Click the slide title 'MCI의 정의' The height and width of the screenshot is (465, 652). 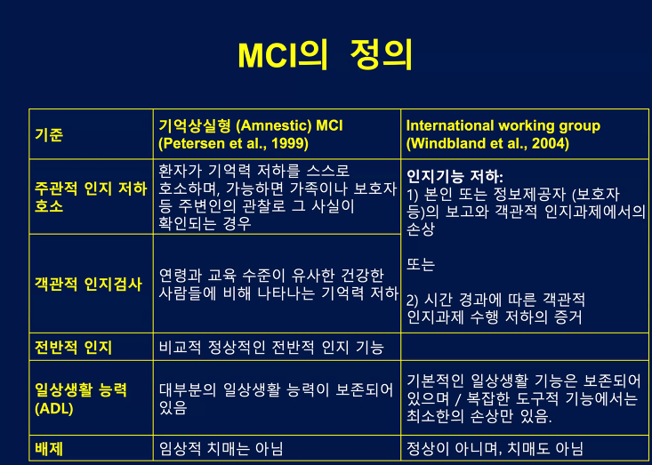pyautogui.click(x=326, y=55)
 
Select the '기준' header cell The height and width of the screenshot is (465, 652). pyautogui.click(x=49, y=135)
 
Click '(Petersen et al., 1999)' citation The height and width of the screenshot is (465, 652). pyautogui.click(x=233, y=143)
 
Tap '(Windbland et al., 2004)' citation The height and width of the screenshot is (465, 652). pyautogui.click(x=487, y=143)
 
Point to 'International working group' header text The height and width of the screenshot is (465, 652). pyautogui.click(x=503, y=126)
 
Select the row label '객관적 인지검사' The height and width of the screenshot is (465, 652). pyautogui.click(x=88, y=285)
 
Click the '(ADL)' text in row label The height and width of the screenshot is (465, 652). pyautogui.click(x=55, y=408)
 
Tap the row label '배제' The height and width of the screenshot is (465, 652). pyautogui.click(x=50, y=449)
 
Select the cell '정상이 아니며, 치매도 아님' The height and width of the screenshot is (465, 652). pyautogui.click(x=495, y=449)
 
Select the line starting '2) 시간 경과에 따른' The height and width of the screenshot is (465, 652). pyautogui.click(x=495, y=300)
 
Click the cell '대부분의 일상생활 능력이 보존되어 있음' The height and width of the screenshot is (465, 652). pyautogui.click(x=276, y=399)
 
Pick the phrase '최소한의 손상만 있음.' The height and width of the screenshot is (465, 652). pyautogui.click(x=479, y=415)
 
